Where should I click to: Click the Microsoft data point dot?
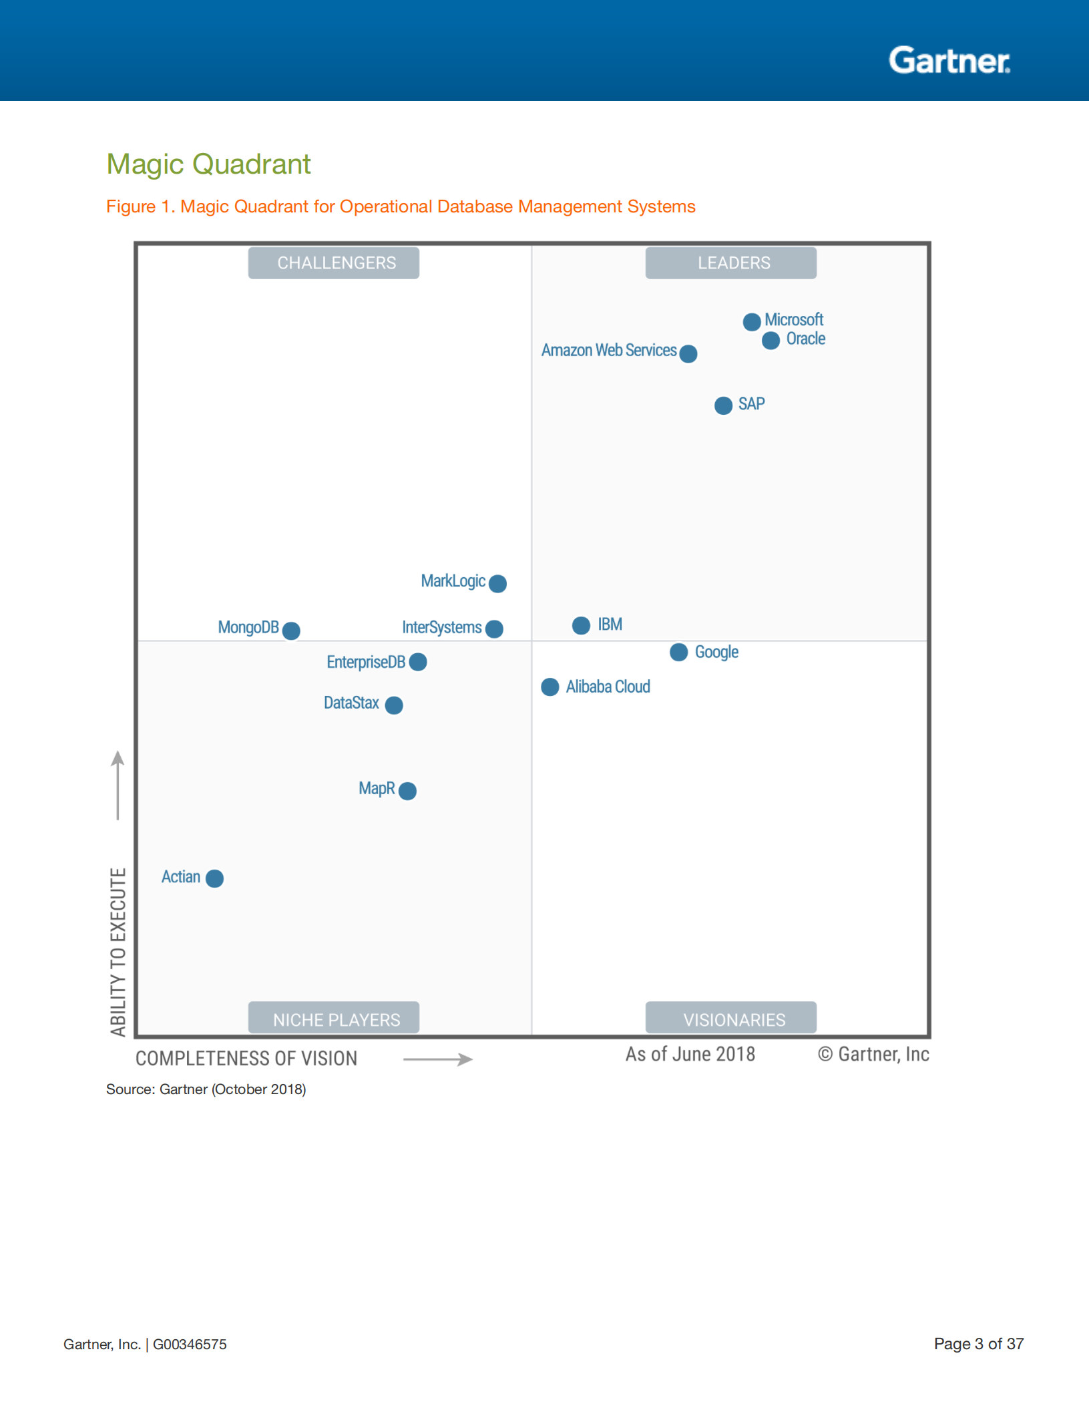[752, 321]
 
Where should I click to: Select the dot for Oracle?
[771, 341]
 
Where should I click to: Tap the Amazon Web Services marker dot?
[688, 353]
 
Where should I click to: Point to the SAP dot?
[723, 405]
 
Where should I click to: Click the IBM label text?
[610, 625]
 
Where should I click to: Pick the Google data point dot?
[678, 652]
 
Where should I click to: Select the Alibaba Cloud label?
[608, 687]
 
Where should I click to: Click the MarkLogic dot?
[497, 583]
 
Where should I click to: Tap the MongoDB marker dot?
[291, 630]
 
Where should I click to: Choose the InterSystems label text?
[441, 628]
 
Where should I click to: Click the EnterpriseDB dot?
[418, 662]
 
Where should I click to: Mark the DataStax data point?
[394, 705]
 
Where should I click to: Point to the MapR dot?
[407, 791]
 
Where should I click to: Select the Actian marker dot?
[214, 878]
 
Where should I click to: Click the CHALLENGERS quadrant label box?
[334, 263]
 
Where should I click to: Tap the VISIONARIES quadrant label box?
[731, 1018]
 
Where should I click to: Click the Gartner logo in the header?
[949, 61]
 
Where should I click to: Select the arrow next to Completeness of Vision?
[438, 1059]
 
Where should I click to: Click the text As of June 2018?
[690, 1054]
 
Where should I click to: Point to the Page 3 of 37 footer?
[978, 1344]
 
